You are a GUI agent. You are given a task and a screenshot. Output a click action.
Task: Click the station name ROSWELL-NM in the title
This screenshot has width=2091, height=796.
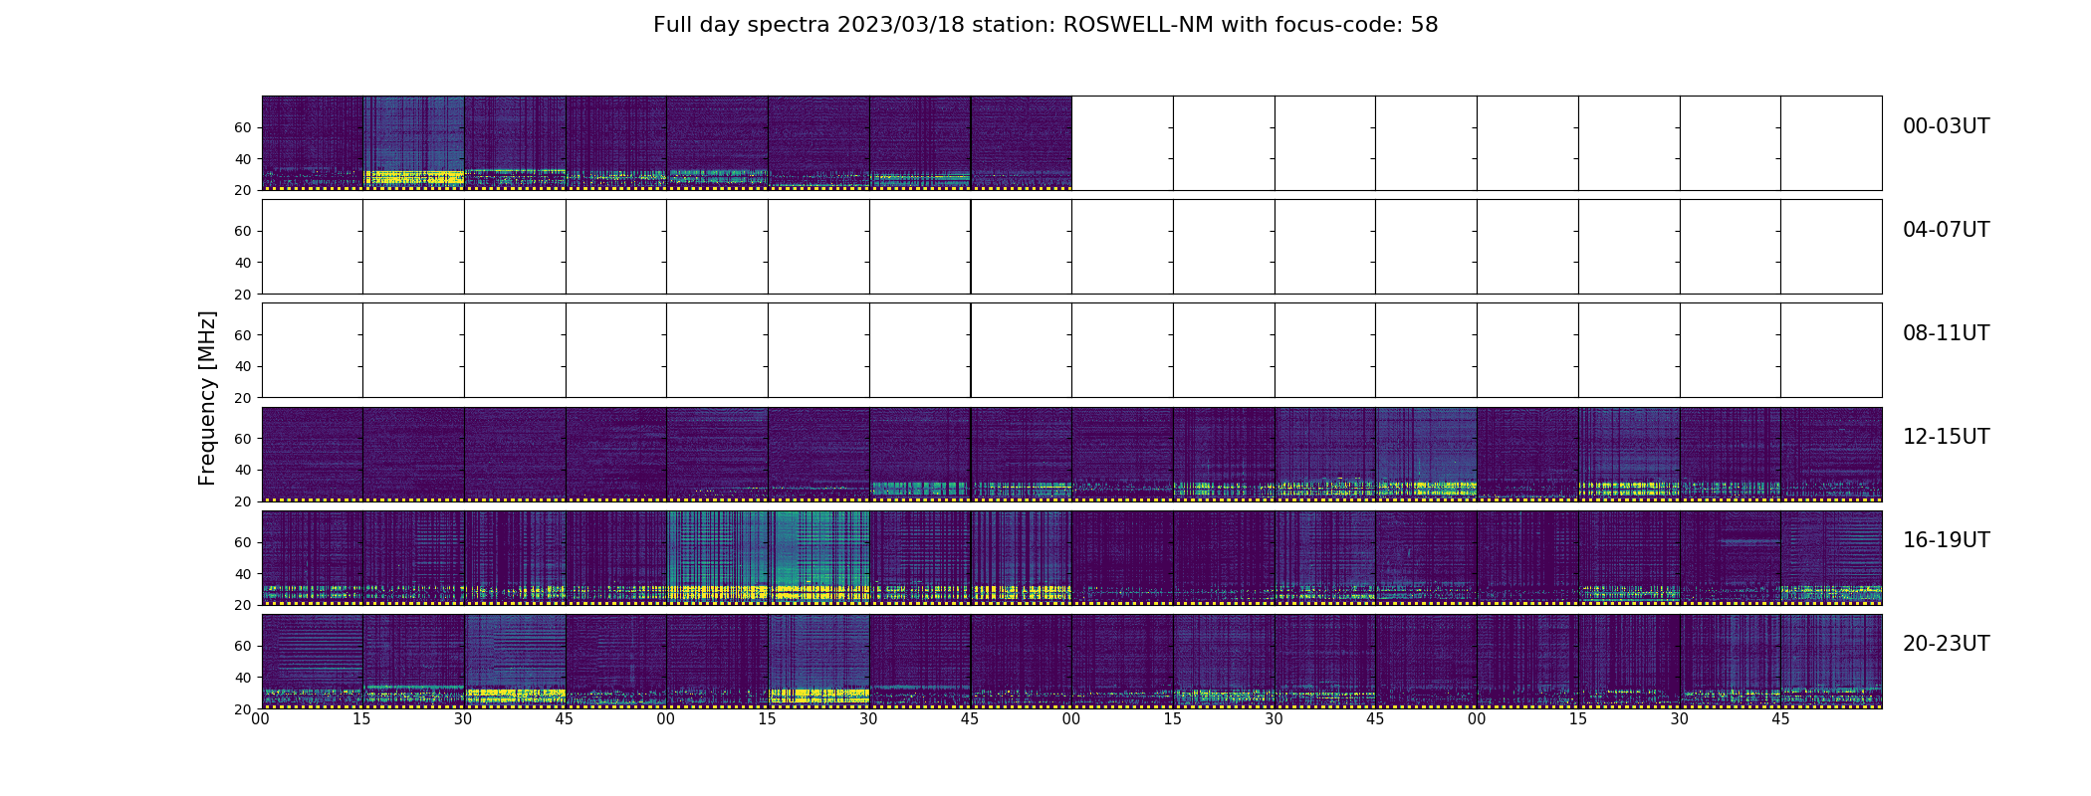pyautogui.click(x=1138, y=25)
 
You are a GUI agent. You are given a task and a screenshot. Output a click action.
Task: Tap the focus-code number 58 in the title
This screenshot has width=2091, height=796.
pyautogui.click(x=1424, y=25)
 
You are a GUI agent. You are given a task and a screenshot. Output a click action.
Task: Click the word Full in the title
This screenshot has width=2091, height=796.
pyautogui.click(x=671, y=25)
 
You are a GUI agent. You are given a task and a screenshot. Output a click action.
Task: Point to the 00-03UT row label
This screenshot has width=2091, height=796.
pyautogui.click(x=1946, y=126)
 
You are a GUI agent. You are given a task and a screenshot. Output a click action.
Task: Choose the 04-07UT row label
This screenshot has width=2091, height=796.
pyautogui.click(x=1946, y=230)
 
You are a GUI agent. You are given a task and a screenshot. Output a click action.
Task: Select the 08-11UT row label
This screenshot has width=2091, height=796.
pyautogui.click(x=1946, y=333)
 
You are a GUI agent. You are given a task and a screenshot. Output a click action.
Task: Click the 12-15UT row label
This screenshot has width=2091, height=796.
pyautogui.click(x=1946, y=437)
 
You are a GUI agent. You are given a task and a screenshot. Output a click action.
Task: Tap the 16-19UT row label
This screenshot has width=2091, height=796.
pyautogui.click(x=1946, y=540)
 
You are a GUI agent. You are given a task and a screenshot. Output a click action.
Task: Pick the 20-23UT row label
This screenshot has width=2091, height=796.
pyautogui.click(x=1946, y=644)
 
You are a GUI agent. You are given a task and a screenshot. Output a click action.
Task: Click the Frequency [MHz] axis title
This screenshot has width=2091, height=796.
pyautogui.click(x=207, y=398)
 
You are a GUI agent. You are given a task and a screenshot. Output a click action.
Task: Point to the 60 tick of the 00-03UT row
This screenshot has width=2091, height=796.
pyautogui.click(x=242, y=127)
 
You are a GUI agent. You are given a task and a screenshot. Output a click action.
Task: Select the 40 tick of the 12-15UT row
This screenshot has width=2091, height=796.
pyautogui.click(x=242, y=470)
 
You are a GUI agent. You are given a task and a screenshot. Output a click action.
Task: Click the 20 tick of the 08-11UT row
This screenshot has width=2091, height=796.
pyautogui.click(x=242, y=398)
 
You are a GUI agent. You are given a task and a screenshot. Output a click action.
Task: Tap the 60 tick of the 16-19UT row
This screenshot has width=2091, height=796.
pyautogui.click(x=242, y=542)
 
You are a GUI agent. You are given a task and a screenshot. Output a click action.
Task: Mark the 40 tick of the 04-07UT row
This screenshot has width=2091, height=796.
pyautogui.click(x=242, y=263)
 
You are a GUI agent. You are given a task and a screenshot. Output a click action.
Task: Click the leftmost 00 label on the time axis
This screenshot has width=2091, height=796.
pyautogui.click(x=261, y=719)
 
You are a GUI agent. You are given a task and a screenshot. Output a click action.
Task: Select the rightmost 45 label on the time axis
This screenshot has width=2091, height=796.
pyautogui.click(x=1780, y=719)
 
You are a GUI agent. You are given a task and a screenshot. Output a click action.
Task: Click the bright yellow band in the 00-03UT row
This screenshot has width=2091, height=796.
pyautogui.click(x=413, y=177)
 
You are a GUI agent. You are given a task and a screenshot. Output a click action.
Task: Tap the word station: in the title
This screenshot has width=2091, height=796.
pyautogui.click(x=1020, y=25)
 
